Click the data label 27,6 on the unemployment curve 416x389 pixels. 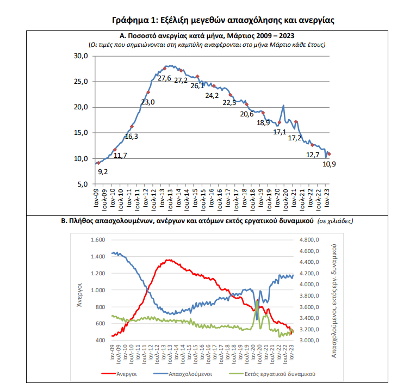click(164, 78)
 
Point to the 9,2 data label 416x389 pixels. click(103, 172)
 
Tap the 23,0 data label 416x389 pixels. click(148, 102)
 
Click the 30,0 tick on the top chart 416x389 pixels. click(81, 56)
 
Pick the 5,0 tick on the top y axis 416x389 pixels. click(83, 184)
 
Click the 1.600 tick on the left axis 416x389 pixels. click(96, 240)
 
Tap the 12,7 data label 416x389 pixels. click(313, 155)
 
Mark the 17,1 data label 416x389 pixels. click(280, 132)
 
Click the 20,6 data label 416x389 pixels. click(247, 114)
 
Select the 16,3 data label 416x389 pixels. click(132, 137)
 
